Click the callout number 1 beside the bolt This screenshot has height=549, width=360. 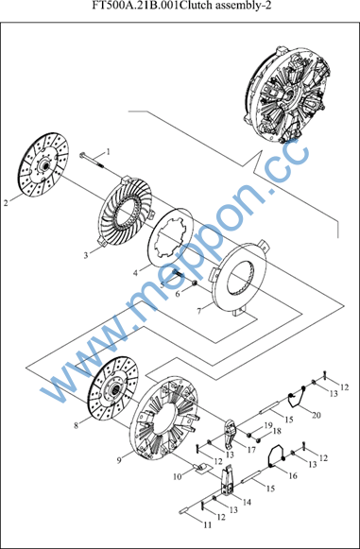(109, 152)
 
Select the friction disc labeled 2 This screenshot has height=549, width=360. (43, 165)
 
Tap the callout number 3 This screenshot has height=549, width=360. (86, 255)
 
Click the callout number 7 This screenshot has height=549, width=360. (199, 311)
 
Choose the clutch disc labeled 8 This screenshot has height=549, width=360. (112, 387)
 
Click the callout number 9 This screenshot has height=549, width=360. (119, 461)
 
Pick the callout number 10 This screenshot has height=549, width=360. (179, 476)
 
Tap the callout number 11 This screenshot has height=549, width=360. (208, 524)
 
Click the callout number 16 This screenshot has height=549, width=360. (293, 476)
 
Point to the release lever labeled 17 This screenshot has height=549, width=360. (231, 435)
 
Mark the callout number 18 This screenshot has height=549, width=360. (277, 431)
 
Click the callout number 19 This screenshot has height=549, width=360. (268, 425)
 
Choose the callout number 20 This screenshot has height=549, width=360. (317, 415)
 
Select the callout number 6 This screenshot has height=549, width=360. (178, 294)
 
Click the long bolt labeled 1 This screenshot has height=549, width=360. (92, 161)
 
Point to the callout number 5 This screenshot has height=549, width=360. (163, 284)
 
